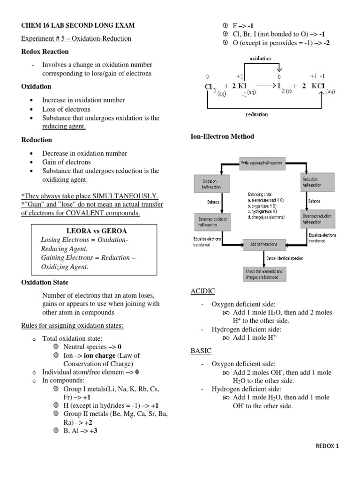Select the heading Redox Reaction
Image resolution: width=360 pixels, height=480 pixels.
45,52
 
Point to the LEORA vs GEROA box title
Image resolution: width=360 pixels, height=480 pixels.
97,231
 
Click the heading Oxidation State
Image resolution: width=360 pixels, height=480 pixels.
45,282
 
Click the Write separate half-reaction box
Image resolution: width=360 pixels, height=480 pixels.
262,162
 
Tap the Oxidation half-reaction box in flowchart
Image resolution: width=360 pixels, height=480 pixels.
212,183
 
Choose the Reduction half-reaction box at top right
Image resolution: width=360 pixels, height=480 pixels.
318,182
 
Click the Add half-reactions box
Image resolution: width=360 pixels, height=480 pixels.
263,244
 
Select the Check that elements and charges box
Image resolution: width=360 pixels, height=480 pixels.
263,274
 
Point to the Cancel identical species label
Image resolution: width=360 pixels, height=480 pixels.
285,258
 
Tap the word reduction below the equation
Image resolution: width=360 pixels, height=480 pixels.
257,114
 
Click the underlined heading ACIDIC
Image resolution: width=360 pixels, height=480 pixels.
202,291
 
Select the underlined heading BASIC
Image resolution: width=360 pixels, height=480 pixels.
201,350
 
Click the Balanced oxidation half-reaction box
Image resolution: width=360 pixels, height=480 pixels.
212,221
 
